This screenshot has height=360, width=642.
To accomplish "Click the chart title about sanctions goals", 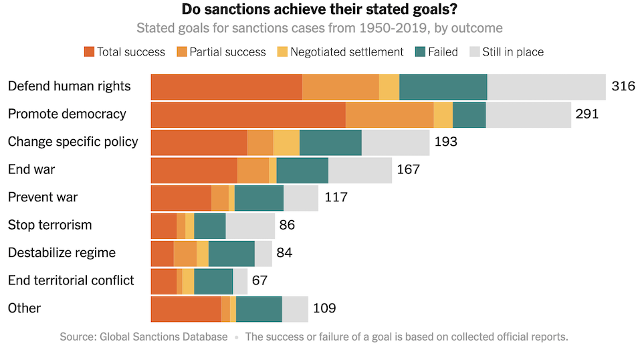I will pos(320,10).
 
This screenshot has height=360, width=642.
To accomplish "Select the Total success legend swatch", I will pos(90,52).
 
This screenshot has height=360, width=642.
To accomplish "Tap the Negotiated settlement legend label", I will pos(347,52).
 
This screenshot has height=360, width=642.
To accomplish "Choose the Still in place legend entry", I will pos(513,52).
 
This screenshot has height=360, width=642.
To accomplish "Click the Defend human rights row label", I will pos(70,86).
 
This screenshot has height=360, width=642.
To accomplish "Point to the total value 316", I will pos(623,86).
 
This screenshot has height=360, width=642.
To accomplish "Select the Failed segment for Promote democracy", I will pos(469,114).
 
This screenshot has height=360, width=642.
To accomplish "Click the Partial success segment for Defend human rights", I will pos(340,87).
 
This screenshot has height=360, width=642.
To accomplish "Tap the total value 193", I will pos(446,142).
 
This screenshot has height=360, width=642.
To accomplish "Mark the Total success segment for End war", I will pos(194,170).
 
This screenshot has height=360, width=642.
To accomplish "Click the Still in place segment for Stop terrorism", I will pos(250,226).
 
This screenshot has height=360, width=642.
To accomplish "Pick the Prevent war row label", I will pos(43,197).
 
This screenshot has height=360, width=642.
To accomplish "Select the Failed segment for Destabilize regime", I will pos(231,254).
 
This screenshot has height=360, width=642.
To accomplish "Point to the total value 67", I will pos(260,281).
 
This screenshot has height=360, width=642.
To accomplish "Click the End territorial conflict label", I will pos(71,280).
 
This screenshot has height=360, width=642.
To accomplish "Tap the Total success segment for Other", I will pos(186,309).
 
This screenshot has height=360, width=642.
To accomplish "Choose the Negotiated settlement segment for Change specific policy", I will pos(286,143).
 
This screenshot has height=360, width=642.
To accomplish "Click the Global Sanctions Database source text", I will pos(143,337).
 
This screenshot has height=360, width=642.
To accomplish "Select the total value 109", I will pos(324,308).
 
